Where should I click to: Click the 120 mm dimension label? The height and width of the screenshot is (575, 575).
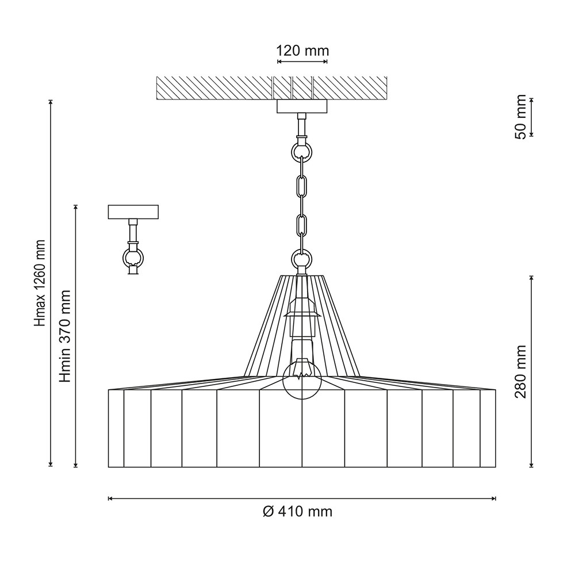pyautogui.click(x=302, y=51)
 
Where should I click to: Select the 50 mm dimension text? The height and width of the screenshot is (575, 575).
pyautogui.click(x=521, y=117)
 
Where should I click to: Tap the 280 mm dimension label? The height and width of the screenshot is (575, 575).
pyautogui.click(x=521, y=371)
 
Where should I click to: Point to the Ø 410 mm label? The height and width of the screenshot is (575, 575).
pyautogui.click(x=297, y=511)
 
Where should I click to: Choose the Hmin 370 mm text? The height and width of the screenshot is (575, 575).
pyautogui.click(x=66, y=336)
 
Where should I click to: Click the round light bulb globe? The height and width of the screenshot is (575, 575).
pyautogui.click(x=302, y=381)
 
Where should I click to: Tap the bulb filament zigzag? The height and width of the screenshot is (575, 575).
pyautogui.click(x=302, y=375)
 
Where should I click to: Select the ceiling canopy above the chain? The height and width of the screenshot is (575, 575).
pyautogui.click(x=302, y=106)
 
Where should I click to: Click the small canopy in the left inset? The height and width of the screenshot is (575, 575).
pyautogui.click(x=133, y=212)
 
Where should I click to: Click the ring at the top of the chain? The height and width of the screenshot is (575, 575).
pyautogui.click(x=302, y=150)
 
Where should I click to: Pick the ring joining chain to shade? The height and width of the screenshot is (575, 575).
pyautogui.click(x=302, y=258)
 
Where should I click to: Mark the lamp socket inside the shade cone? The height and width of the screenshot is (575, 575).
pyautogui.click(x=302, y=317)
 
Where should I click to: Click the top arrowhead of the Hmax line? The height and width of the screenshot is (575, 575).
pyautogui.click(x=51, y=102)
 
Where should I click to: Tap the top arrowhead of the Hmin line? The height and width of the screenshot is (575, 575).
pyautogui.click(x=76, y=208)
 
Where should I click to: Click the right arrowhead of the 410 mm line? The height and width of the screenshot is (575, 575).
pyautogui.click(x=493, y=499)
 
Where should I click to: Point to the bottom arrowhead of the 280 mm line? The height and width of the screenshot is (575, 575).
pyautogui.click(x=531, y=465)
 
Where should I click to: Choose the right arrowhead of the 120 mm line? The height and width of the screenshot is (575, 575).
pyautogui.click(x=324, y=62)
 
